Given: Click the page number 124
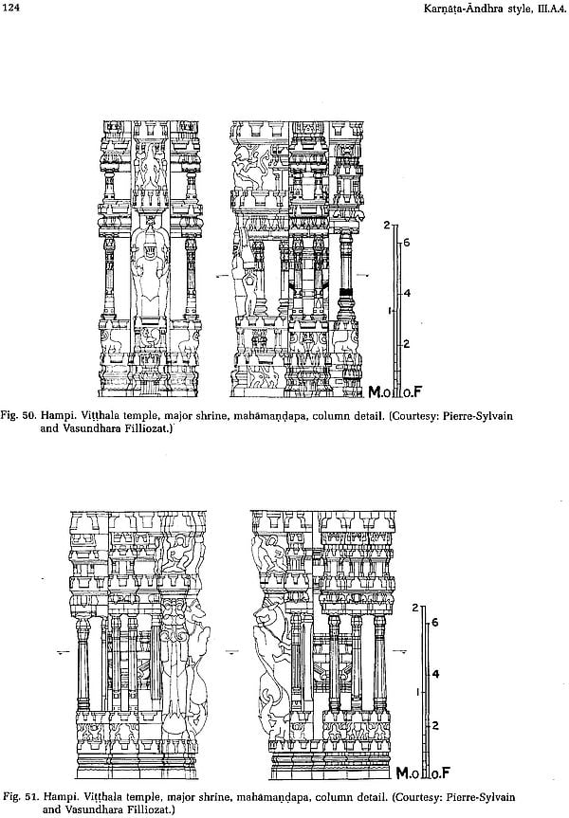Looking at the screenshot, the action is coord(11,9).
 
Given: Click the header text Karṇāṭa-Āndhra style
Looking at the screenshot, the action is coord(475,9).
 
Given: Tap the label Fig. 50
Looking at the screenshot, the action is coord(18,416).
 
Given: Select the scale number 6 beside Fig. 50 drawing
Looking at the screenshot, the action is coord(406,243).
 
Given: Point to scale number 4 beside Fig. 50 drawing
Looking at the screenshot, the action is coord(407,293).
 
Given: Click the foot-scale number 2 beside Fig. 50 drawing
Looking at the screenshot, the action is coord(407,344).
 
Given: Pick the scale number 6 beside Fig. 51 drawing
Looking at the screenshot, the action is coord(435,623).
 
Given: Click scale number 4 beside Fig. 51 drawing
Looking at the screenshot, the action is coord(435,674).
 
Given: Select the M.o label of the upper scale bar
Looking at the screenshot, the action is coord(379,391).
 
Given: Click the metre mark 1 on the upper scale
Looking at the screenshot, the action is coord(390,311).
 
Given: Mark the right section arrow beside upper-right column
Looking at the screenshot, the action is coord(364,275).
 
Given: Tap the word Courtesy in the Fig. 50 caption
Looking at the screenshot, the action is coord(415,416).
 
